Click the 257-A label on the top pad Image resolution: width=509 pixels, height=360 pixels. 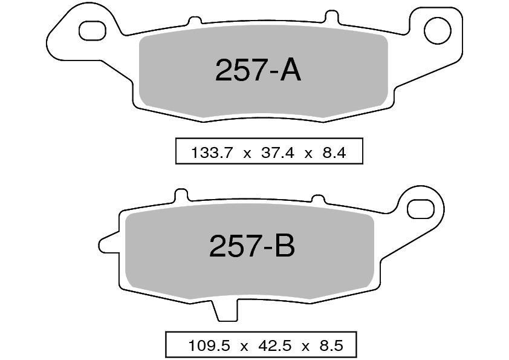[258, 71]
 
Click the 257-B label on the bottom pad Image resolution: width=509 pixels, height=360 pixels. [252, 246]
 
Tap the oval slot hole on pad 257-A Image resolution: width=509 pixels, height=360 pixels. [92, 31]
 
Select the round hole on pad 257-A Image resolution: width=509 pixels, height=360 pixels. [438, 31]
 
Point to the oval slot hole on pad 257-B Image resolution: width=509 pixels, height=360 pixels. [421, 209]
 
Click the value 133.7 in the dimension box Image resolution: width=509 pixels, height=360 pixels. [212, 152]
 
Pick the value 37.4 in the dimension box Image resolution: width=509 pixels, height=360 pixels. [278, 152]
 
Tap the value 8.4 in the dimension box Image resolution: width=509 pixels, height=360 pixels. [334, 152]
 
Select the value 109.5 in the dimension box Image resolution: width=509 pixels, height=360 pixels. [209, 345]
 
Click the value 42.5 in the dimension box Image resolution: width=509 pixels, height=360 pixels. [275, 345]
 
